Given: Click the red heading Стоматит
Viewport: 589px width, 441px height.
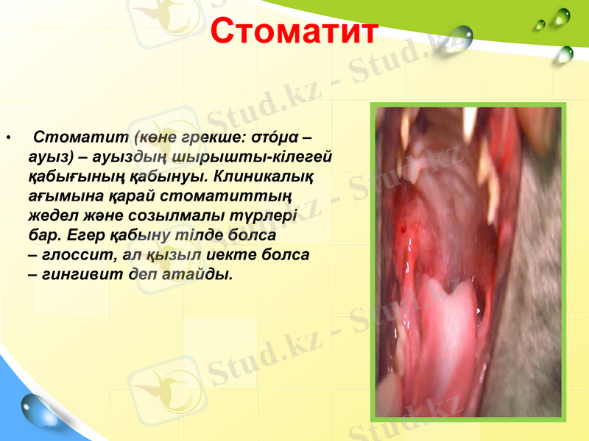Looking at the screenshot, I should [x=294, y=31].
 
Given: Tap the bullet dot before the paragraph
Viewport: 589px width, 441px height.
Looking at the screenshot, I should [x=8, y=137].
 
